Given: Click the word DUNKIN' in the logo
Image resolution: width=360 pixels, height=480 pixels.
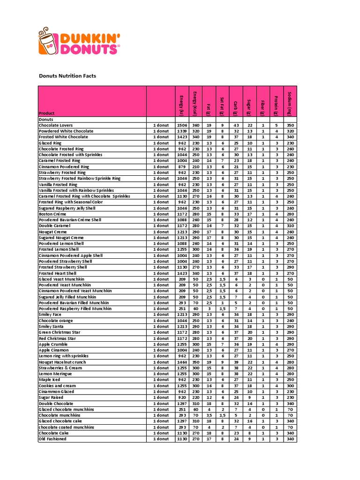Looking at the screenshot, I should pos(88,37).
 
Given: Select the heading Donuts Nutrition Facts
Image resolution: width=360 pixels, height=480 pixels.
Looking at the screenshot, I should pos(67,75).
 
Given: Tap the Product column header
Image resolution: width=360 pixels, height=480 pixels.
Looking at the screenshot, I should pos(46,113).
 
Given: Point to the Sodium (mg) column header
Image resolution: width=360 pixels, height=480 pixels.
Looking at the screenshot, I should pos(290,103).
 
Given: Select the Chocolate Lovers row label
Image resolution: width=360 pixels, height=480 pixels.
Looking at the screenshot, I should pos(56,125).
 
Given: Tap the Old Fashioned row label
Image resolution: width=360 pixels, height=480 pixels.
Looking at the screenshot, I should pos(52,439).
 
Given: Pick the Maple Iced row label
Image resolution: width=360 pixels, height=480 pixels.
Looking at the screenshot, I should pos(50,380).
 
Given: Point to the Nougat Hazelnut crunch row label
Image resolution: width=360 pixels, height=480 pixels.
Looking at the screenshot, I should pos(62,362).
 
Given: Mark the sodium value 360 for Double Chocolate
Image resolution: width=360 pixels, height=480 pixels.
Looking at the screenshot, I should pos(290,403).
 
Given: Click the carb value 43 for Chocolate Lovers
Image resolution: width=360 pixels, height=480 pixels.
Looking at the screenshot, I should pos(236,125).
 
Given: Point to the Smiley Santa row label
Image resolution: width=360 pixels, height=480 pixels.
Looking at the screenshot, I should pos(53,326).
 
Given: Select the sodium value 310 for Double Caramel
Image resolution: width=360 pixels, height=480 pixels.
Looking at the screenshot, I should pos(290,225).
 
